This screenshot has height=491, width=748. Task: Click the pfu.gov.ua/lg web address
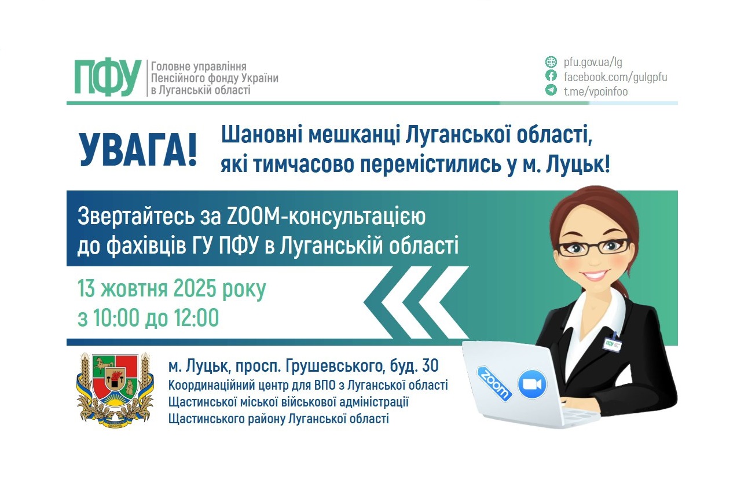(x=593, y=62)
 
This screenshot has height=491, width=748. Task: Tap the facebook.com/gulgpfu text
(x=615, y=76)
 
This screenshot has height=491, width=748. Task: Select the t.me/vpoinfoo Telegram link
(x=596, y=91)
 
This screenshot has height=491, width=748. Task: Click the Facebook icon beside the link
(x=551, y=76)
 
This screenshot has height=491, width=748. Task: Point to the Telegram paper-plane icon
(x=551, y=90)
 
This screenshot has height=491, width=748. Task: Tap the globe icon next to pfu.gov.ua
(x=551, y=62)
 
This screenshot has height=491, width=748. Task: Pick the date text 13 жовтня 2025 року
(x=172, y=289)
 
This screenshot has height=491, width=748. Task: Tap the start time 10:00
(x=115, y=318)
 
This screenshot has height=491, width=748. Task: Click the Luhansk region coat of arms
(x=115, y=389)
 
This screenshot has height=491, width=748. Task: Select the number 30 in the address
(x=430, y=366)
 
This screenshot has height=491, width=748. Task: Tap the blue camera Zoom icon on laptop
(x=532, y=384)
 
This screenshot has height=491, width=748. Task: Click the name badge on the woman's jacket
(x=612, y=342)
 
